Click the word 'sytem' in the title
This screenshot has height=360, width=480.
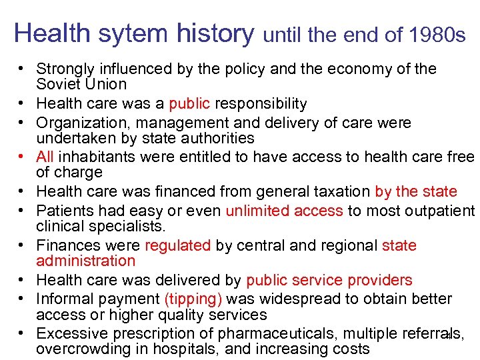coord(127,33)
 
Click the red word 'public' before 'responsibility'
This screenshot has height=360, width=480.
coord(190,104)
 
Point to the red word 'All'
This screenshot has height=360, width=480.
coord(45,157)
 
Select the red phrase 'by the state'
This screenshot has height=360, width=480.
coord(416,192)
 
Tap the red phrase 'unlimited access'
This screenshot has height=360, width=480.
coord(284,211)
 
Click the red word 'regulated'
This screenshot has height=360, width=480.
coord(178,245)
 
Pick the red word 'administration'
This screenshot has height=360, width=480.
coord(86,261)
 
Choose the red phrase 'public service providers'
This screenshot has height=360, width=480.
coord(329,281)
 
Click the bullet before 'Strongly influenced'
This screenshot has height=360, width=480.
coord(22,69)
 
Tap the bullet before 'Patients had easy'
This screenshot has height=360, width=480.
coord(22,211)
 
